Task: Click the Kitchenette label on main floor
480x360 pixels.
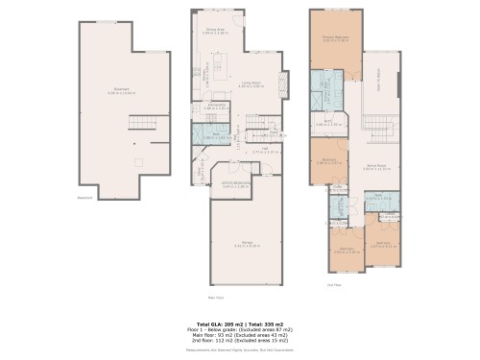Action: [x=217, y=107]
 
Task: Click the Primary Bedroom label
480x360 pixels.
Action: [x=334, y=39]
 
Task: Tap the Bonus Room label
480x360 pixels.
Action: [x=375, y=165]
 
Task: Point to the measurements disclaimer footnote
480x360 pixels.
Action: [x=240, y=352]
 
